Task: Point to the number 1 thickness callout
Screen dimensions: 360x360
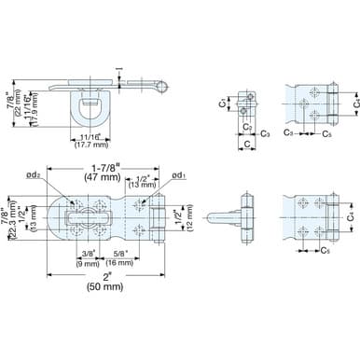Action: point(118,67)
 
